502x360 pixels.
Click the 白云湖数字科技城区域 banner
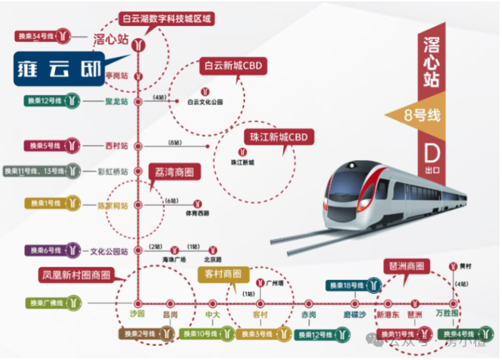(x=166, y=18)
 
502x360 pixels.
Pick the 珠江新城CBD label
(x=278, y=137)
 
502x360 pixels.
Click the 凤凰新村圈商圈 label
(x=75, y=275)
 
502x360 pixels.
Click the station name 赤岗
(x=309, y=315)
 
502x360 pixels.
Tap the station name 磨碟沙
(x=353, y=315)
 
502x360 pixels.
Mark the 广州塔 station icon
(x=262, y=282)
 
